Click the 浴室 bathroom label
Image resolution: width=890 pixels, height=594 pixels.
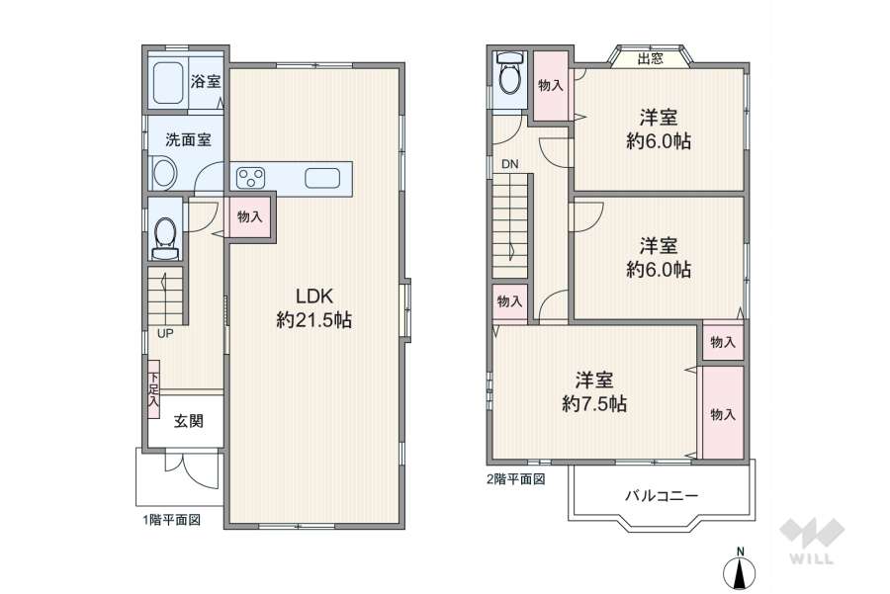coord(205,82)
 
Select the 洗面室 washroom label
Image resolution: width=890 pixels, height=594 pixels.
coord(188,140)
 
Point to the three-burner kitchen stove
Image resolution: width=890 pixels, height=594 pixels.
coord(251,178)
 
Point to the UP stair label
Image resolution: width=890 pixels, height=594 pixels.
coord(165,333)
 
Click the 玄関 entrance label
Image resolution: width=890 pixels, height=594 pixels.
coord(189,421)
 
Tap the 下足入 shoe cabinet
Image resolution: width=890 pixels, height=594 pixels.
coord(153,384)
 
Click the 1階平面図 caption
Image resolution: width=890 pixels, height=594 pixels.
coord(170,519)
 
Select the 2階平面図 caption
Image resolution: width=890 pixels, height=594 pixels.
coord(516,479)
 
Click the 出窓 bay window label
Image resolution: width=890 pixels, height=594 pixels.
coord(650,58)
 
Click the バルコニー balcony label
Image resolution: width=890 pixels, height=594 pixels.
coord(662,494)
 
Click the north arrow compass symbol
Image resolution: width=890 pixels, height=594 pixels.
coord(739,571)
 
